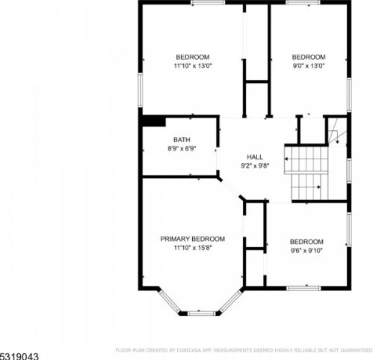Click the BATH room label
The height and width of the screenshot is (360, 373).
[x=182, y=140]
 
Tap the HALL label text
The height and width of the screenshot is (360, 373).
[x=255, y=157]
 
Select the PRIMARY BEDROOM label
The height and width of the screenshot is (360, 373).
[x=192, y=239]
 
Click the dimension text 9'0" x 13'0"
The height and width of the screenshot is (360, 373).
[x=309, y=66]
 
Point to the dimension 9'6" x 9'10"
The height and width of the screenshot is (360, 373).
[x=306, y=251]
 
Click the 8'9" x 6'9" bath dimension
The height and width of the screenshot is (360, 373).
[x=182, y=149]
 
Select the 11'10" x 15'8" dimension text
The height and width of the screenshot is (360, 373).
[x=193, y=248]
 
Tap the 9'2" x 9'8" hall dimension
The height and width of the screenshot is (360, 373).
[x=255, y=166]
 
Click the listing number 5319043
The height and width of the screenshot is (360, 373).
[x=19, y=356]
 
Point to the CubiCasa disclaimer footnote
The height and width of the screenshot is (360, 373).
[x=244, y=350]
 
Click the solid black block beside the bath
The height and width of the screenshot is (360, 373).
[x=154, y=122]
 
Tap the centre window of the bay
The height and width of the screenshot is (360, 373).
[x=201, y=313]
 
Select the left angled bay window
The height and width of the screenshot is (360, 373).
[x=170, y=301]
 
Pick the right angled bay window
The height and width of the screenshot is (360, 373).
[x=231, y=301]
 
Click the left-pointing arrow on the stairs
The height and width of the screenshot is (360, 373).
[x=286, y=159]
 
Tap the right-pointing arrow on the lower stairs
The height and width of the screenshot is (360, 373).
[x=319, y=187]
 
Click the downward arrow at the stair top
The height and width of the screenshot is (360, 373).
[x=337, y=141]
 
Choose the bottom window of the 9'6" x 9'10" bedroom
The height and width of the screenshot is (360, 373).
[x=303, y=288]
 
